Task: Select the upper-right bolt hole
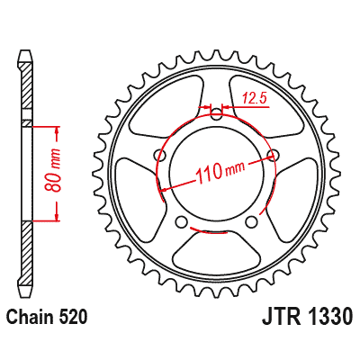pyautogui.click(x=274, y=154)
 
